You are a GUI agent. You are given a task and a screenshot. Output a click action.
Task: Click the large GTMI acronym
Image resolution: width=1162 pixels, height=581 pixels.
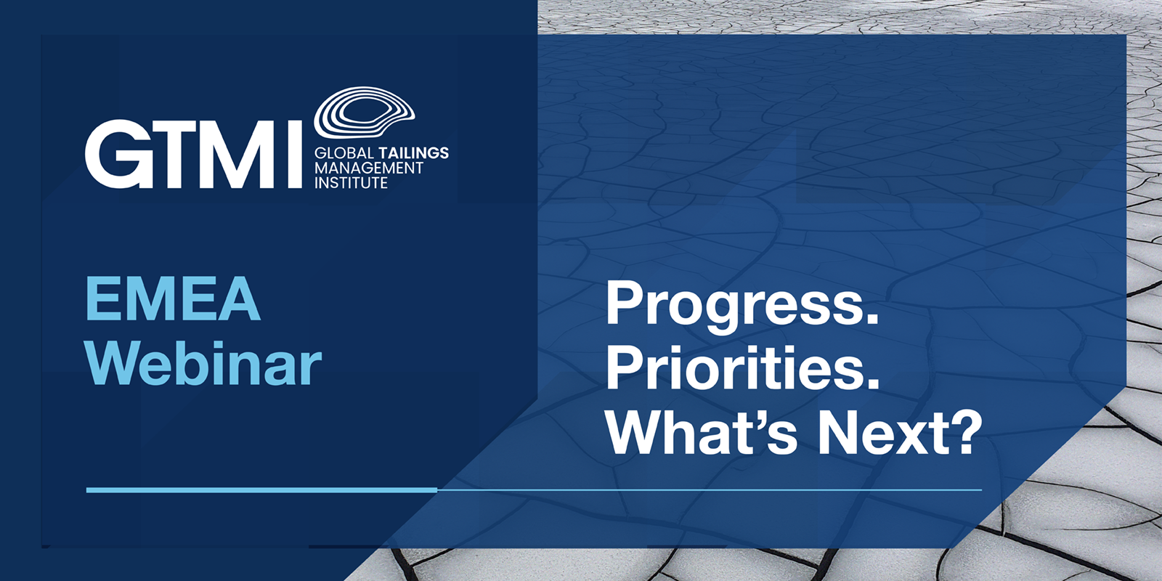(193, 154)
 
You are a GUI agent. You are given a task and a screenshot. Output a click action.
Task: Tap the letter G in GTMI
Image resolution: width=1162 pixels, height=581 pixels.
(114, 154)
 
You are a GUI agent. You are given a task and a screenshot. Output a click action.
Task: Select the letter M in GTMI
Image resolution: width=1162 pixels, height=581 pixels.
(235, 154)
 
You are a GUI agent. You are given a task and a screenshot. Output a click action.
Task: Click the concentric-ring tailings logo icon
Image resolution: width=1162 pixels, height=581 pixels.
(364, 113)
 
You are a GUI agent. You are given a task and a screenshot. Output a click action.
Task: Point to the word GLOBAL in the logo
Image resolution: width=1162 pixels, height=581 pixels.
(344, 153)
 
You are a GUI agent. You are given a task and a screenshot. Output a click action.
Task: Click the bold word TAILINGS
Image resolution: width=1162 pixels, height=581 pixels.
(413, 153)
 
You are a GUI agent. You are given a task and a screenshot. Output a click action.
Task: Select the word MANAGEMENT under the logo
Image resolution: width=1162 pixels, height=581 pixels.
(369, 168)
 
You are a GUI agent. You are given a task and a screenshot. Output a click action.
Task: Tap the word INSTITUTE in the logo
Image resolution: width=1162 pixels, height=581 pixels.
(352, 182)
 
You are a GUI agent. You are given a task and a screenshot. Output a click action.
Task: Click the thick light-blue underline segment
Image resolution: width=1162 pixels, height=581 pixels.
(261, 489)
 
